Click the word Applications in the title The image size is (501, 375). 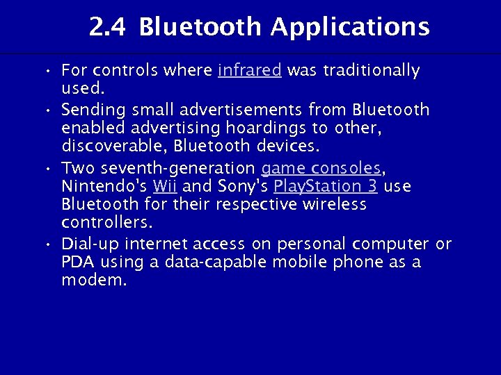(350, 28)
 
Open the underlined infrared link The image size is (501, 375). (249, 71)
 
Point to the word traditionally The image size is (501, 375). (370, 71)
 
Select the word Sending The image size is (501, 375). (93, 110)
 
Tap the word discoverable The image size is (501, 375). (113, 147)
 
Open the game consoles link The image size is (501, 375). (321, 168)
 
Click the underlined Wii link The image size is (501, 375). (164, 187)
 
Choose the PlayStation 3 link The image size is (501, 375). (326, 187)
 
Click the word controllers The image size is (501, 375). (106, 224)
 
